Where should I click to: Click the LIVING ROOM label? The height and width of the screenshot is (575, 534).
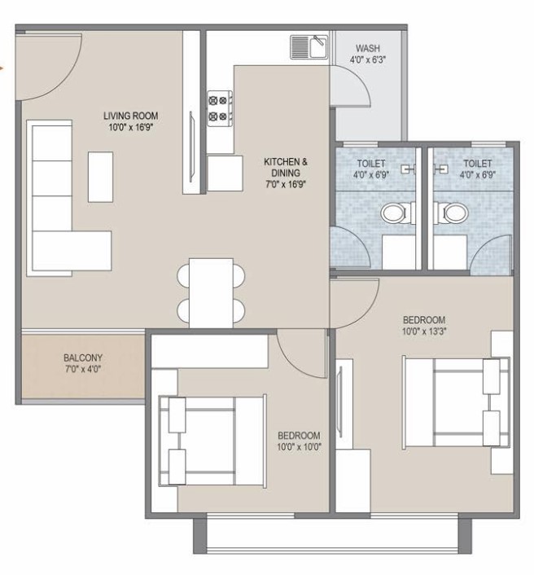(x=131, y=116)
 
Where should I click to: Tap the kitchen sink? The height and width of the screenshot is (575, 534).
(x=309, y=47)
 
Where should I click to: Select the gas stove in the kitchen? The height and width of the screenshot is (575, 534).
(x=220, y=108)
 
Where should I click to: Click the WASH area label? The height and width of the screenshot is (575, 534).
(x=368, y=48)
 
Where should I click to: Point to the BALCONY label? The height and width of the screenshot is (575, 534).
(x=83, y=358)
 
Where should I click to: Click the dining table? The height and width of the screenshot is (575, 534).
(x=211, y=293)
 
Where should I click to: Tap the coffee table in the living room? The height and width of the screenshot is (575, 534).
(x=100, y=177)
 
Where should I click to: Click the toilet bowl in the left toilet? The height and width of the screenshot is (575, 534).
(x=392, y=213)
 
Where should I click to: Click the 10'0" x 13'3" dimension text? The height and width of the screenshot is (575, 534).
(x=424, y=331)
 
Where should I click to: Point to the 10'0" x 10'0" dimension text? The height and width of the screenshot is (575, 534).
(x=299, y=447)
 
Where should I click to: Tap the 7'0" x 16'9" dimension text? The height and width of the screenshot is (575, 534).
(x=286, y=184)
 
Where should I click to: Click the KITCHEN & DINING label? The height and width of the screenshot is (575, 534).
(x=286, y=167)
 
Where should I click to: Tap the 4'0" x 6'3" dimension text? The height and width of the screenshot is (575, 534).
(x=368, y=59)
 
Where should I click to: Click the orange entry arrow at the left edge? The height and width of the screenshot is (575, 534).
(x=2, y=68)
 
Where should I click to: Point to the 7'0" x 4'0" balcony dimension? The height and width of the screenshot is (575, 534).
(x=83, y=369)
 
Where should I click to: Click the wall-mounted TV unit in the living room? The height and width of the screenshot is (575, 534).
(x=191, y=147)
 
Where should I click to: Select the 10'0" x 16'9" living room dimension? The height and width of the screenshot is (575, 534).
(x=131, y=128)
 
